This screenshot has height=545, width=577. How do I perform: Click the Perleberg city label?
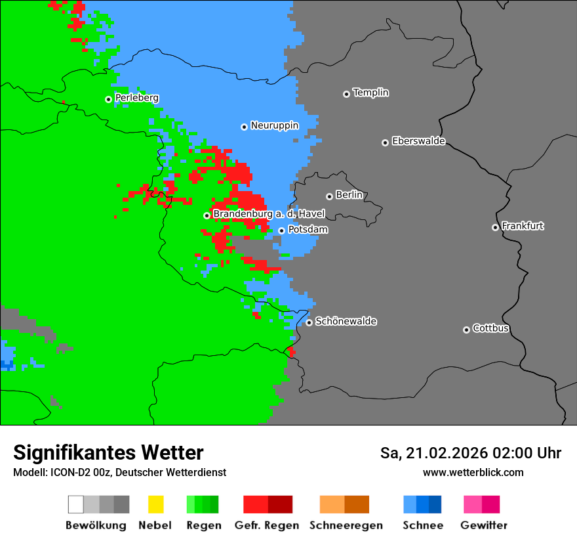coord(136,98)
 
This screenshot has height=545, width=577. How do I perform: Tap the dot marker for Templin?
coord(346,94)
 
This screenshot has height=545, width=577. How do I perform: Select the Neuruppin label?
coord(274,125)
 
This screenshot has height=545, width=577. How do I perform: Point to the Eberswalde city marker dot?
coord(385,142)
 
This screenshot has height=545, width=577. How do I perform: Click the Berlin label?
coord(349,195)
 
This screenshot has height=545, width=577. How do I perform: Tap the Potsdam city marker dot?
coord(281,230)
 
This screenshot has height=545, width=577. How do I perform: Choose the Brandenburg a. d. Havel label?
coord(269,214)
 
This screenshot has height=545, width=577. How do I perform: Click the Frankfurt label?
coord(523,226)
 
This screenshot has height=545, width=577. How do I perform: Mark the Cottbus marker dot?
coord(466,330)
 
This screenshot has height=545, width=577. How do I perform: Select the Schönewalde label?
coord(346,321)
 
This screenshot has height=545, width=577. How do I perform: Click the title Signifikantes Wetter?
coord(108,452)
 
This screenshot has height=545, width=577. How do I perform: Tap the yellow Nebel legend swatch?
coord(155,504)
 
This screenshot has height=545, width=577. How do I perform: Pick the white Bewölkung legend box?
coord(76,504)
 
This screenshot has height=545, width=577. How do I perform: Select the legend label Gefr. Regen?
coord(267,525)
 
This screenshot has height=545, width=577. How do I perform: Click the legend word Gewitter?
coord(484,525)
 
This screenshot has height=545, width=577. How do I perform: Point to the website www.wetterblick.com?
coord(473,472)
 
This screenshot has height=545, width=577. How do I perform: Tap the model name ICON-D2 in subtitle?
coord(69,472)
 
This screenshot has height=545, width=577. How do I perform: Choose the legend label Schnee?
coord(422,525)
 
